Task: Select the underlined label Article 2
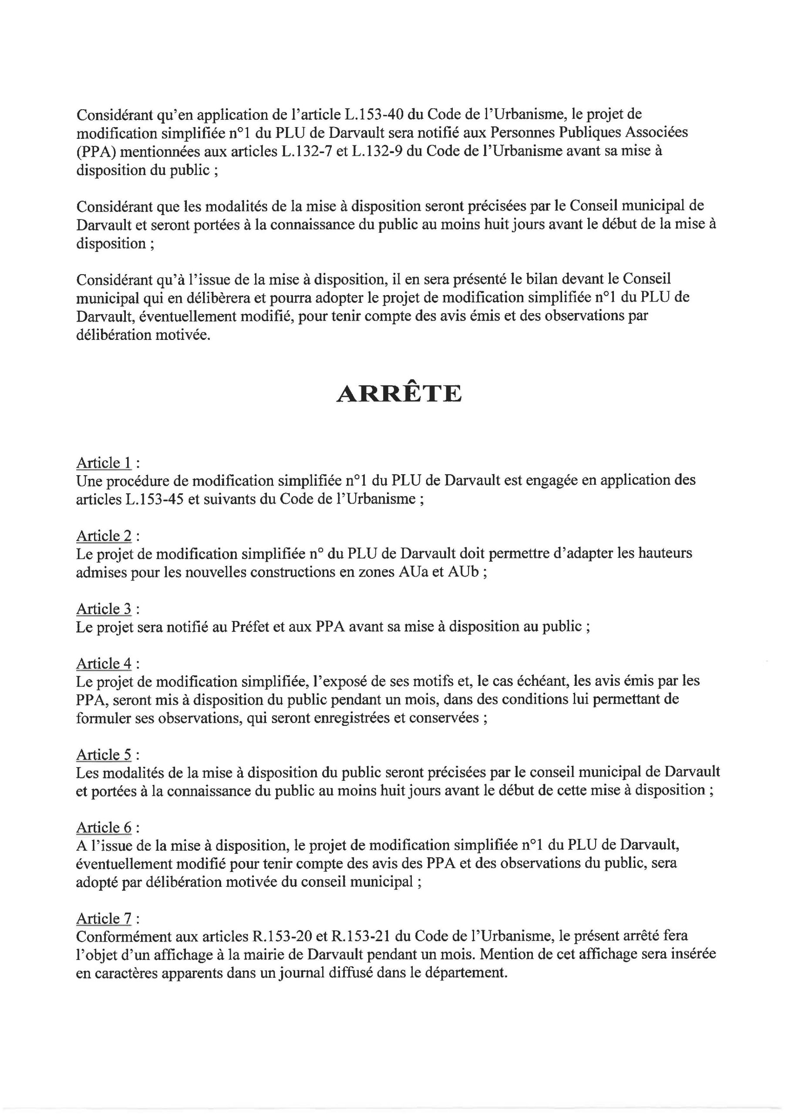tap(104, 536)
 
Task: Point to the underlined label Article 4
tap(104, 663)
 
